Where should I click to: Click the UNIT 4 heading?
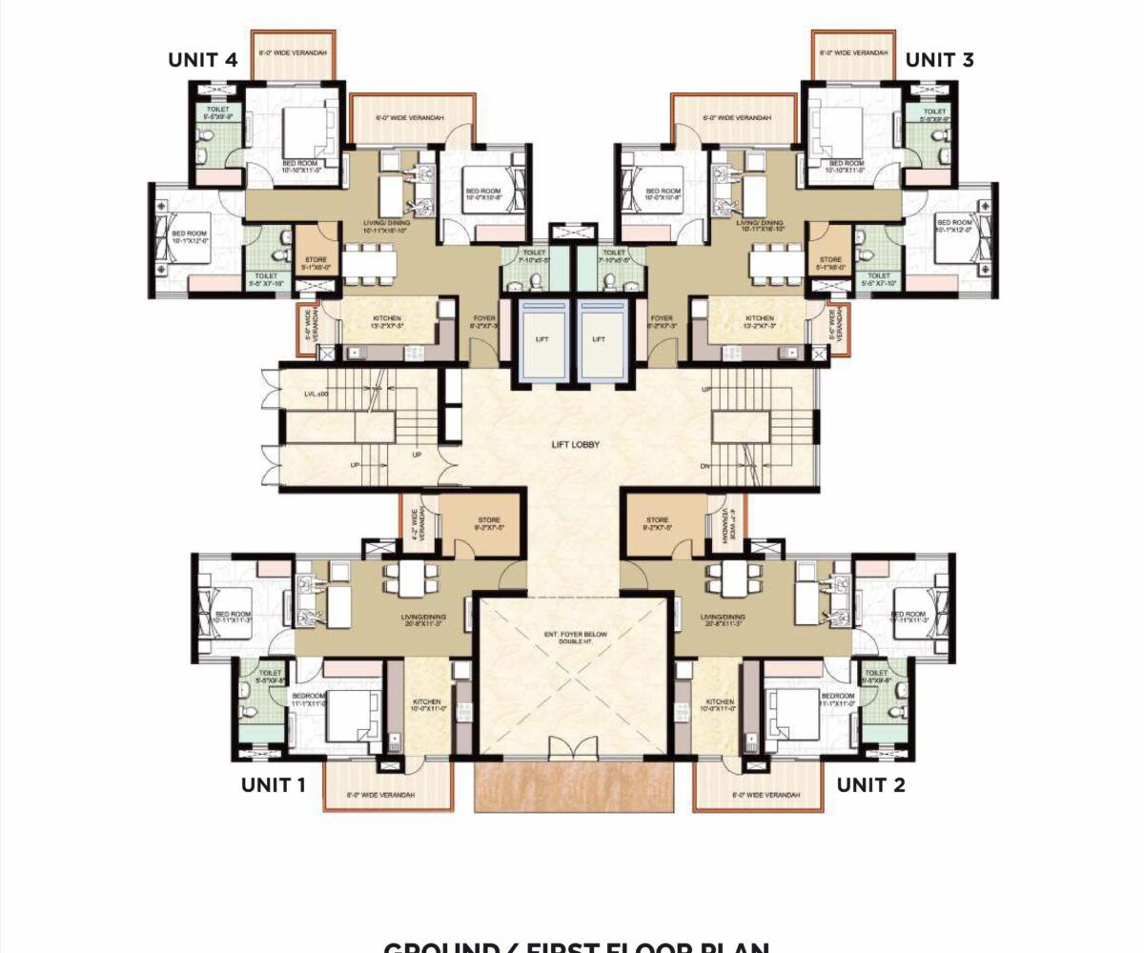tap(203, 59)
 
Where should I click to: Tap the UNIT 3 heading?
tap(939, 59)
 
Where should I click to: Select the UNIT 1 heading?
tap(273, 784)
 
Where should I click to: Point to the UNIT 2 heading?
tap(870, 784)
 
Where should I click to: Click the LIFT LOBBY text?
tap(575, 444)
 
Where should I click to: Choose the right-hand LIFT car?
tap(600, 338)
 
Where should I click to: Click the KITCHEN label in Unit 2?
tap(720, 705)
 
